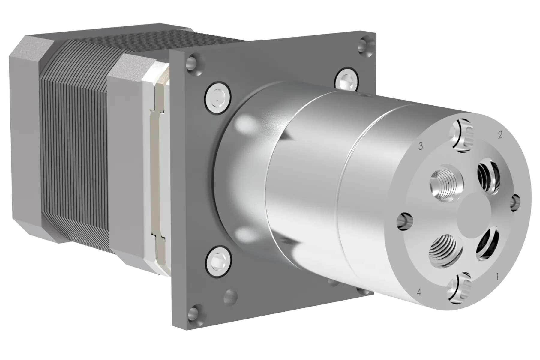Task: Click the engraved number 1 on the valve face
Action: click(x=497, y=277)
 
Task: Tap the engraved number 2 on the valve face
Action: click(x=500, y=135)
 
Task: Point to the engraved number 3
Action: click(x=421, y=146)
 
